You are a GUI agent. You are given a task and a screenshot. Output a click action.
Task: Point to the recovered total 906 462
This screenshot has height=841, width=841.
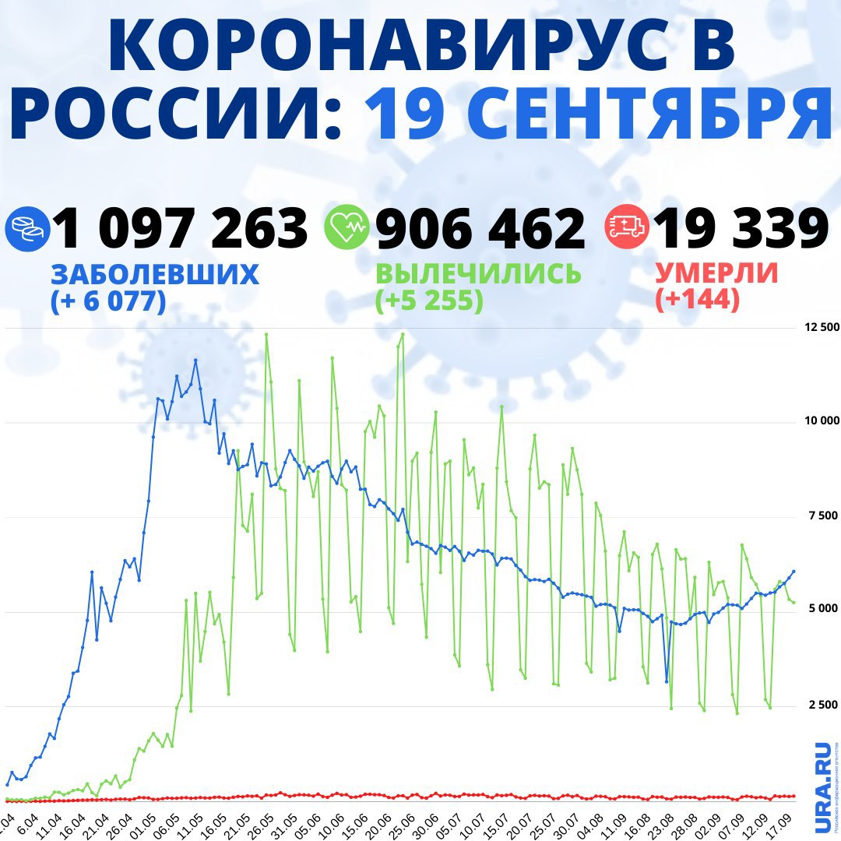(480, 230)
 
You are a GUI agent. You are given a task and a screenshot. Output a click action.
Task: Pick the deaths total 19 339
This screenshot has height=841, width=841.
(741, 230)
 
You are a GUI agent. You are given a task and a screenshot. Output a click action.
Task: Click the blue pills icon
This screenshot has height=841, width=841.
(26, 228)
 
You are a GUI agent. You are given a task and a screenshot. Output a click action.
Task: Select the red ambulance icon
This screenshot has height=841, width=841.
(626, 228)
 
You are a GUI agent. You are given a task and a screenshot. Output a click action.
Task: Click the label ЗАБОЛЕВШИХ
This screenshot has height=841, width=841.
(154, 274)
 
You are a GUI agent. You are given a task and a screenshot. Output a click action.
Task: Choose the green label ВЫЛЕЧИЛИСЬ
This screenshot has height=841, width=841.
(478, 274)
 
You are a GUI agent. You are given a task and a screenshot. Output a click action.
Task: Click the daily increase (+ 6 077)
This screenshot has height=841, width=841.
(108, 301)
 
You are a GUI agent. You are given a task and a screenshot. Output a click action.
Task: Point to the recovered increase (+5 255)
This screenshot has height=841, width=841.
(429, 301)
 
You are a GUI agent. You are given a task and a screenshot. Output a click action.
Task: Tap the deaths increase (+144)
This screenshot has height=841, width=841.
(697, 301)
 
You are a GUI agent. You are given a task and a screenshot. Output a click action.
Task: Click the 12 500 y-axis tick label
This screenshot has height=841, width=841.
(821, 328)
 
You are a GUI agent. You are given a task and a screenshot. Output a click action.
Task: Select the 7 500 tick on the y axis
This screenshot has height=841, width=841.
(823, 516)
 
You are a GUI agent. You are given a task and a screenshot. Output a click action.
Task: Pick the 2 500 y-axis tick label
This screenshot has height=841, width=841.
(823, 705)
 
